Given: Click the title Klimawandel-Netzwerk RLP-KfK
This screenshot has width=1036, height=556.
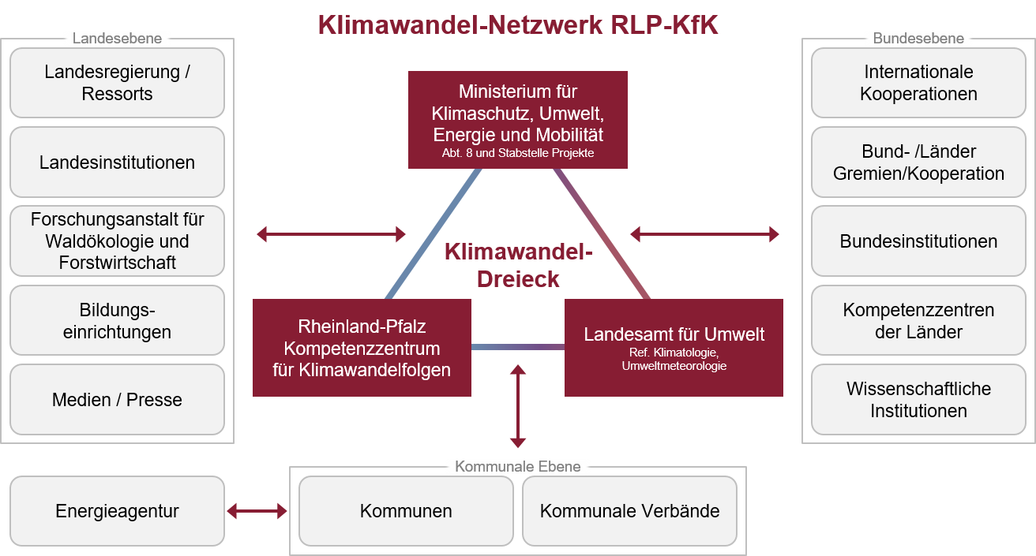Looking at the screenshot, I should (x=518, y=25).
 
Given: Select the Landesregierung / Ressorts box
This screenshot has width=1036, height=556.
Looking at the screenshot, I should (x=117, y=83).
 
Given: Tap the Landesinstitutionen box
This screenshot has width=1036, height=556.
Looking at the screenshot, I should (x=117, y=162).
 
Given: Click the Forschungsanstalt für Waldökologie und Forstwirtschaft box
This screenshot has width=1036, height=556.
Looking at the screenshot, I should (x=117, y=241).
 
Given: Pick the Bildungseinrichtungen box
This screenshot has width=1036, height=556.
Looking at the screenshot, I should (x=117, y=320).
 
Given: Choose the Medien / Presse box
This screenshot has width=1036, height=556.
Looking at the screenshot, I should (x=117, y=400).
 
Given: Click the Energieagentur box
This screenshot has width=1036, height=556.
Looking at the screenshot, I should (x=117, y=511).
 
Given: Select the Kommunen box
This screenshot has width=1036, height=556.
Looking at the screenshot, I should (x=406, y=511).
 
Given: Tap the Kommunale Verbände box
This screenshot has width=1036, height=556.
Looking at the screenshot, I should (x=629, y=511).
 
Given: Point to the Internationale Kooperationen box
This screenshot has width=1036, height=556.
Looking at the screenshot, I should (x=918, y=83).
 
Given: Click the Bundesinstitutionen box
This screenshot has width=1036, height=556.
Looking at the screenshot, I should (x=918, y=241).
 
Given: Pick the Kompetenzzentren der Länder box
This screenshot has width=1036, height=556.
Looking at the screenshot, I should (x=918, y=320).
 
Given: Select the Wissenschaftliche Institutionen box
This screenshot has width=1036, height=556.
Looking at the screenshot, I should (x=918, y=400).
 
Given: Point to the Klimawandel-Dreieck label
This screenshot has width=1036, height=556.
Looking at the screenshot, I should (x=518, y=266).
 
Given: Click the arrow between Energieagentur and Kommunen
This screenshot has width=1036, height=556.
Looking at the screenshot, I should (x=257, y=512).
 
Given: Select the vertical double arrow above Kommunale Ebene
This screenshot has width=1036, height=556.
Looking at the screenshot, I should (x=518, y=406).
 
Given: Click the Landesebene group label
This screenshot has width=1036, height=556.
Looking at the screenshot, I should (x=117, y=38).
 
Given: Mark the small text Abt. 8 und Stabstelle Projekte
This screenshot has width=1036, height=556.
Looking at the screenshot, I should (x=518, y=154).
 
